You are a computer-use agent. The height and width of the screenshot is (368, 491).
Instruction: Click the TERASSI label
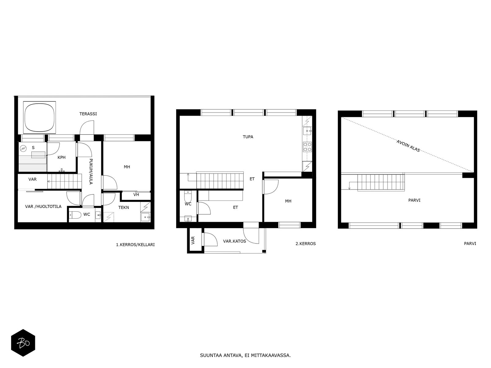tap(88, 114)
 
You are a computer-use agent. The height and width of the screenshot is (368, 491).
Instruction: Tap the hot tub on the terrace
tap(40, 117)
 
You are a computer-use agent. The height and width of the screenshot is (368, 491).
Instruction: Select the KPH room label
tap(61, 157)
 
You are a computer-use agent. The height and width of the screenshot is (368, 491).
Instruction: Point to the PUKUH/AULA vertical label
tap(91, 171)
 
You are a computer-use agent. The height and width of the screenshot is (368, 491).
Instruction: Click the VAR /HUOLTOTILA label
tap(43, 206)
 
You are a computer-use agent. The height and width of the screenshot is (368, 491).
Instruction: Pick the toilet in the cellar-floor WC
tap(75, 215)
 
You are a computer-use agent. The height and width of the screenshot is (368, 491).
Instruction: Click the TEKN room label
tap(123, 207)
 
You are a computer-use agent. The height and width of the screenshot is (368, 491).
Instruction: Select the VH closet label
tap(136, 195)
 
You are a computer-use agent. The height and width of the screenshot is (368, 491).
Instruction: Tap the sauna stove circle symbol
tap(23, 148)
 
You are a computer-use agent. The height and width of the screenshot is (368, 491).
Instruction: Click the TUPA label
tap(248, 137)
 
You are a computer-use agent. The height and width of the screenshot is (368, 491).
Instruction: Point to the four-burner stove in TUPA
tap(307, 147)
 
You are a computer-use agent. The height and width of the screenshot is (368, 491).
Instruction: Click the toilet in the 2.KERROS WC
tap(188, 197)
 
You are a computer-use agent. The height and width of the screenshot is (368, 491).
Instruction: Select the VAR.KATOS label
tap(234, 241)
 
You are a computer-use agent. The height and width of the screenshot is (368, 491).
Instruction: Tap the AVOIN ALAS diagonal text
tap(408, 146)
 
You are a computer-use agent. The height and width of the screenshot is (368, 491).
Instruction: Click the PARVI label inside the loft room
tap(414, 200)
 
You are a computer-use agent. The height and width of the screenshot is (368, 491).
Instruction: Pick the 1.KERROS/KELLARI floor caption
tap(135, 244)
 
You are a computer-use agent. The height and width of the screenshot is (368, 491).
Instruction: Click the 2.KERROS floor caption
tap(306, 243)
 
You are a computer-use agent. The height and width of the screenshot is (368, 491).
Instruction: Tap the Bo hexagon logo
tap(23, 343)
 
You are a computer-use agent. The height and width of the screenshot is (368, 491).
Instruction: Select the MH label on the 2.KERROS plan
tap(288, 201)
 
